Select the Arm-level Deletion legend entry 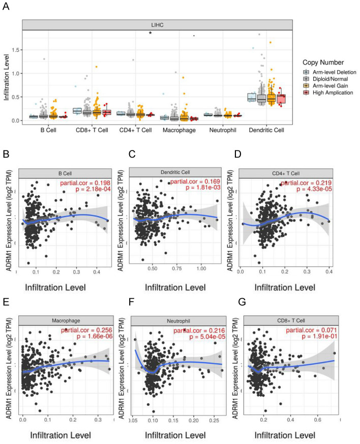[x=333, y=72]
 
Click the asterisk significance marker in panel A [x=151, y=34]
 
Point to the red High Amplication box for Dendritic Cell [x=281, y=99]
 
